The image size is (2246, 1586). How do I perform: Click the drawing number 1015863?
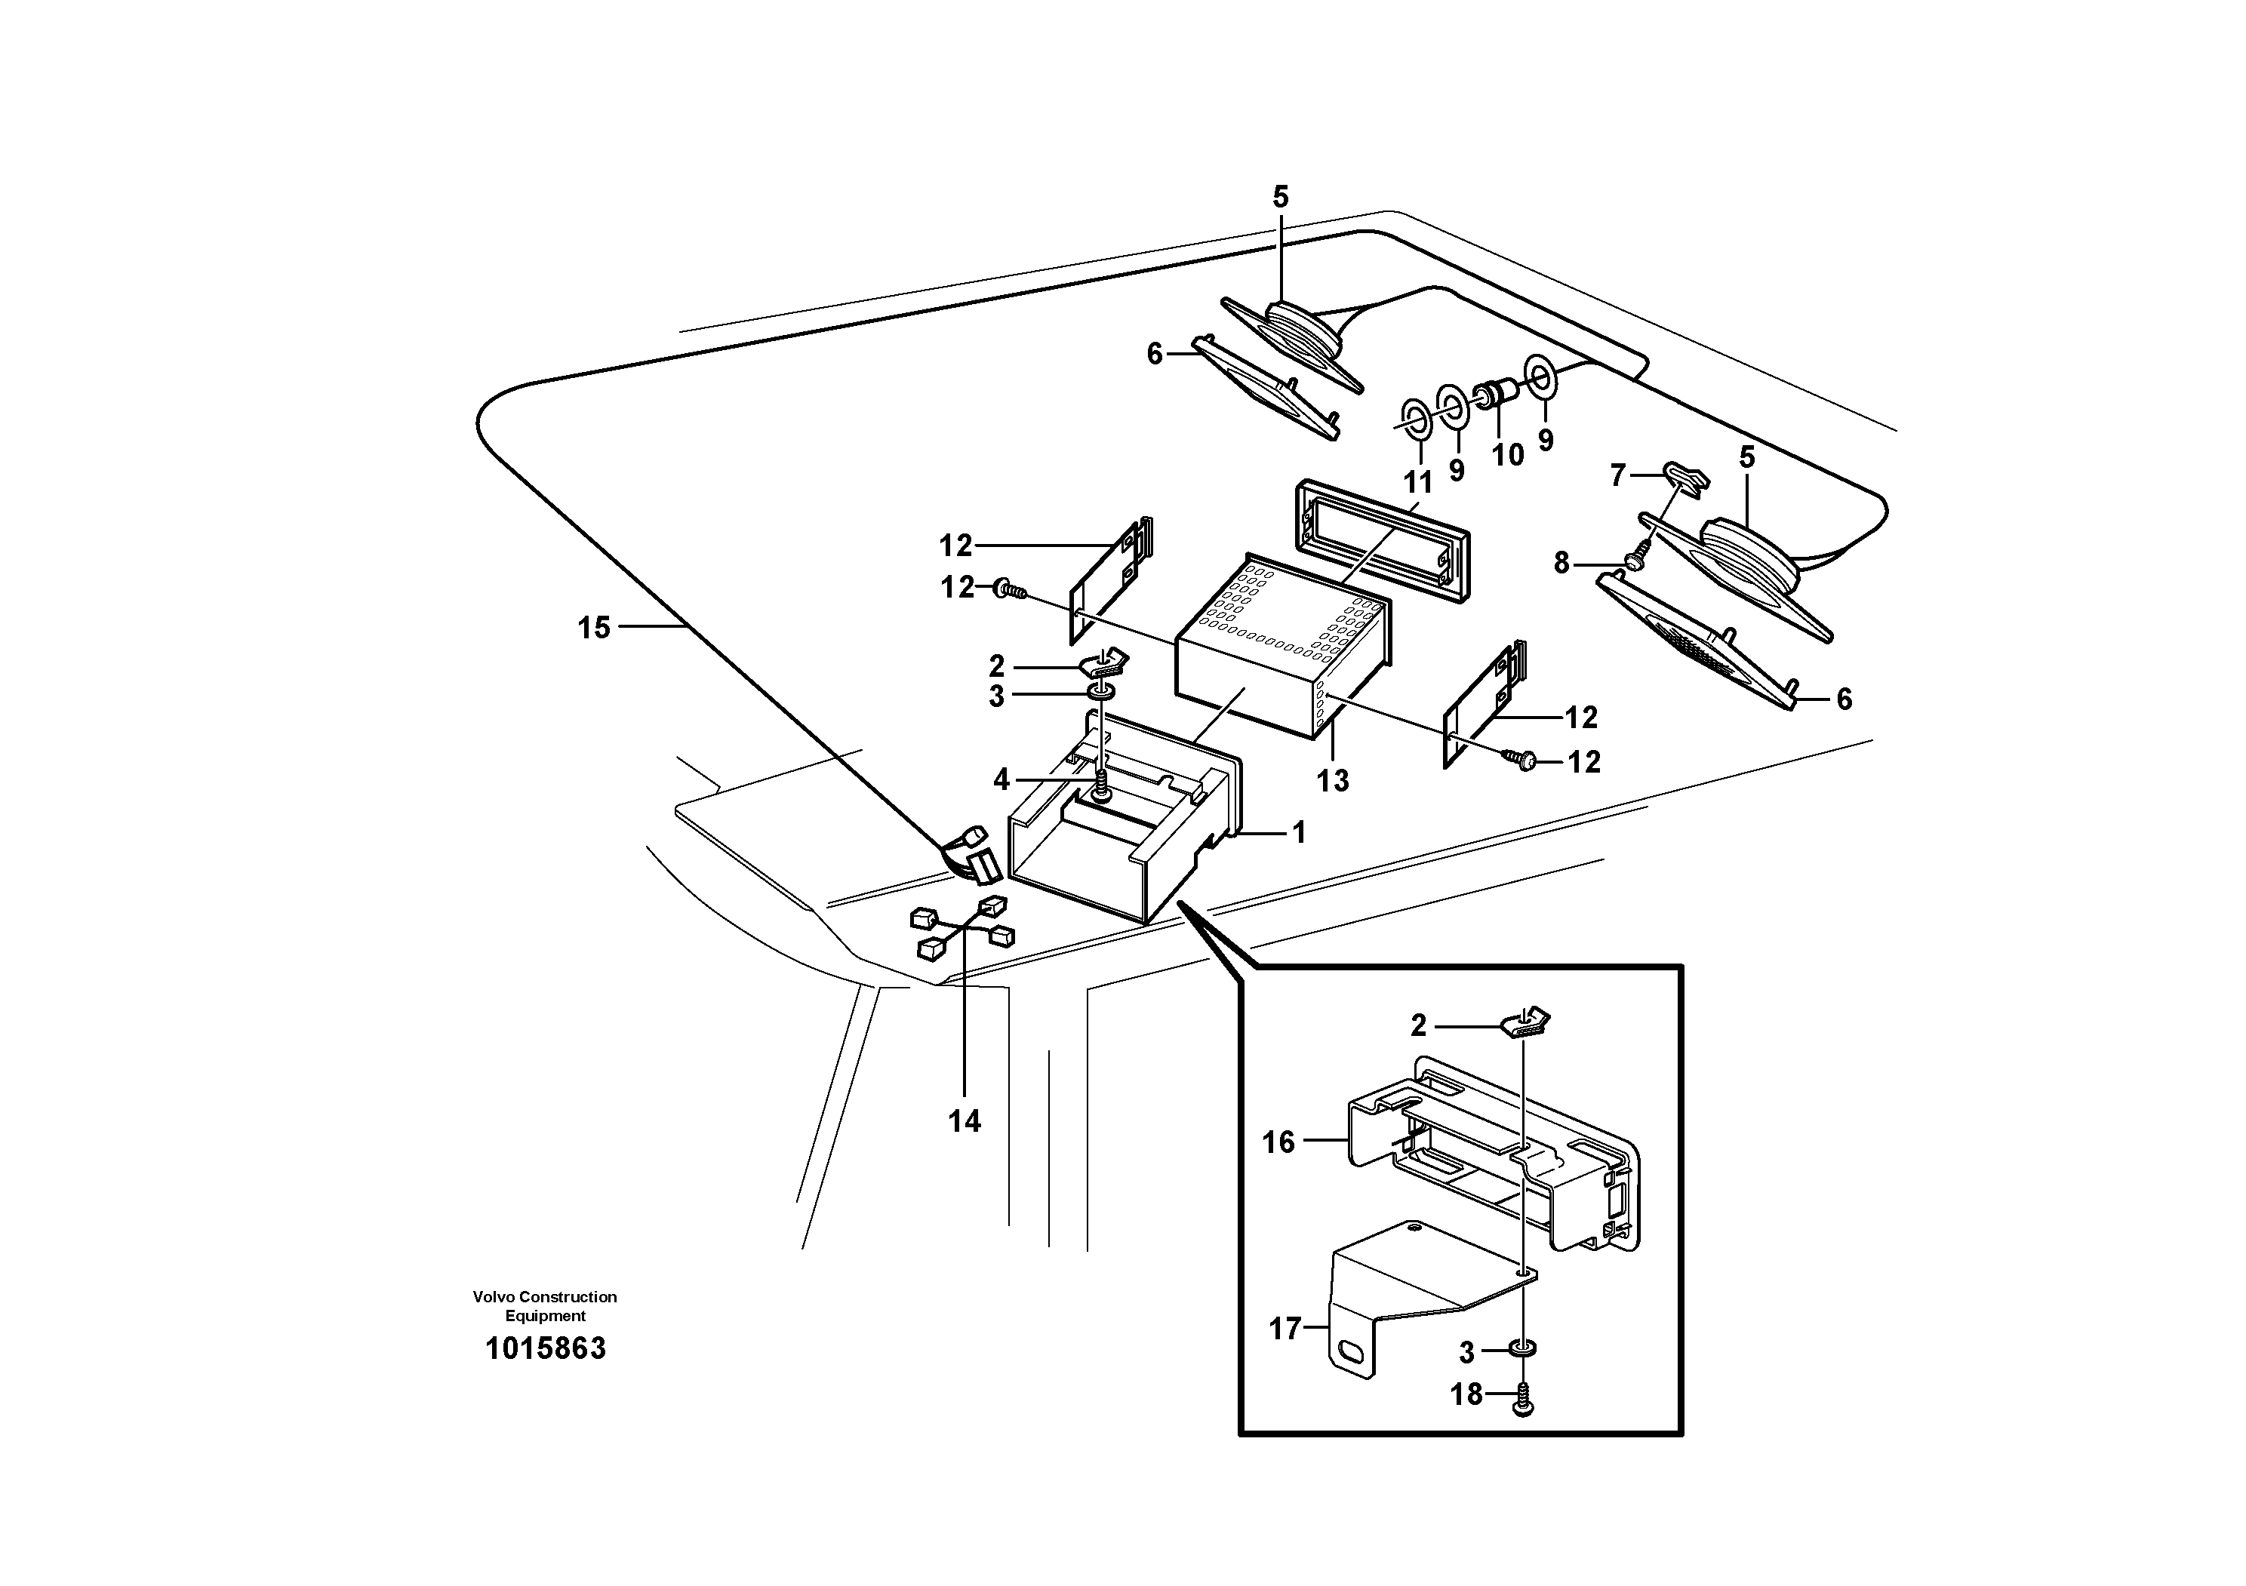click(546, 1348)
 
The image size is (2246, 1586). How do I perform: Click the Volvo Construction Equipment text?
click(545, 1306)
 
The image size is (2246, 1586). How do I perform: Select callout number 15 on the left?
click(594, 628)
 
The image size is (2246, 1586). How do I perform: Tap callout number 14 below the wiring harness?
click(965, 1121)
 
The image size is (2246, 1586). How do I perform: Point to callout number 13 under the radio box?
click(1332, 780)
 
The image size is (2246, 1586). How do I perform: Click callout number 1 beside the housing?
click(1299, 833)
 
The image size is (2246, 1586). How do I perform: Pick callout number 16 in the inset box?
click(1278, 1142)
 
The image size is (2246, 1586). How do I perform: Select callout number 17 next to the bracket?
click(1285, 1329)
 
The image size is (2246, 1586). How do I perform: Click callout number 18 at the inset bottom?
click(1466, 1394)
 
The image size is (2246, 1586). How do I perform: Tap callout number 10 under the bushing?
click(1507, 455)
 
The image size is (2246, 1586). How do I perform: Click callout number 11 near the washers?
click(1418, 482)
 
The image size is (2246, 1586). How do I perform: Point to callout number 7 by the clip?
click(1618, 476)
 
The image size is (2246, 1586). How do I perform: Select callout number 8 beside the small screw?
click(1561, 562)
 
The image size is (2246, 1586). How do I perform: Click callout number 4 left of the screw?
click(1001, 779)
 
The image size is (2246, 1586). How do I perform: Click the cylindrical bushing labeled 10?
click(1497, 397)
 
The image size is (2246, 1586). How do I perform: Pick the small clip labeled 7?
click(1685, 476)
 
